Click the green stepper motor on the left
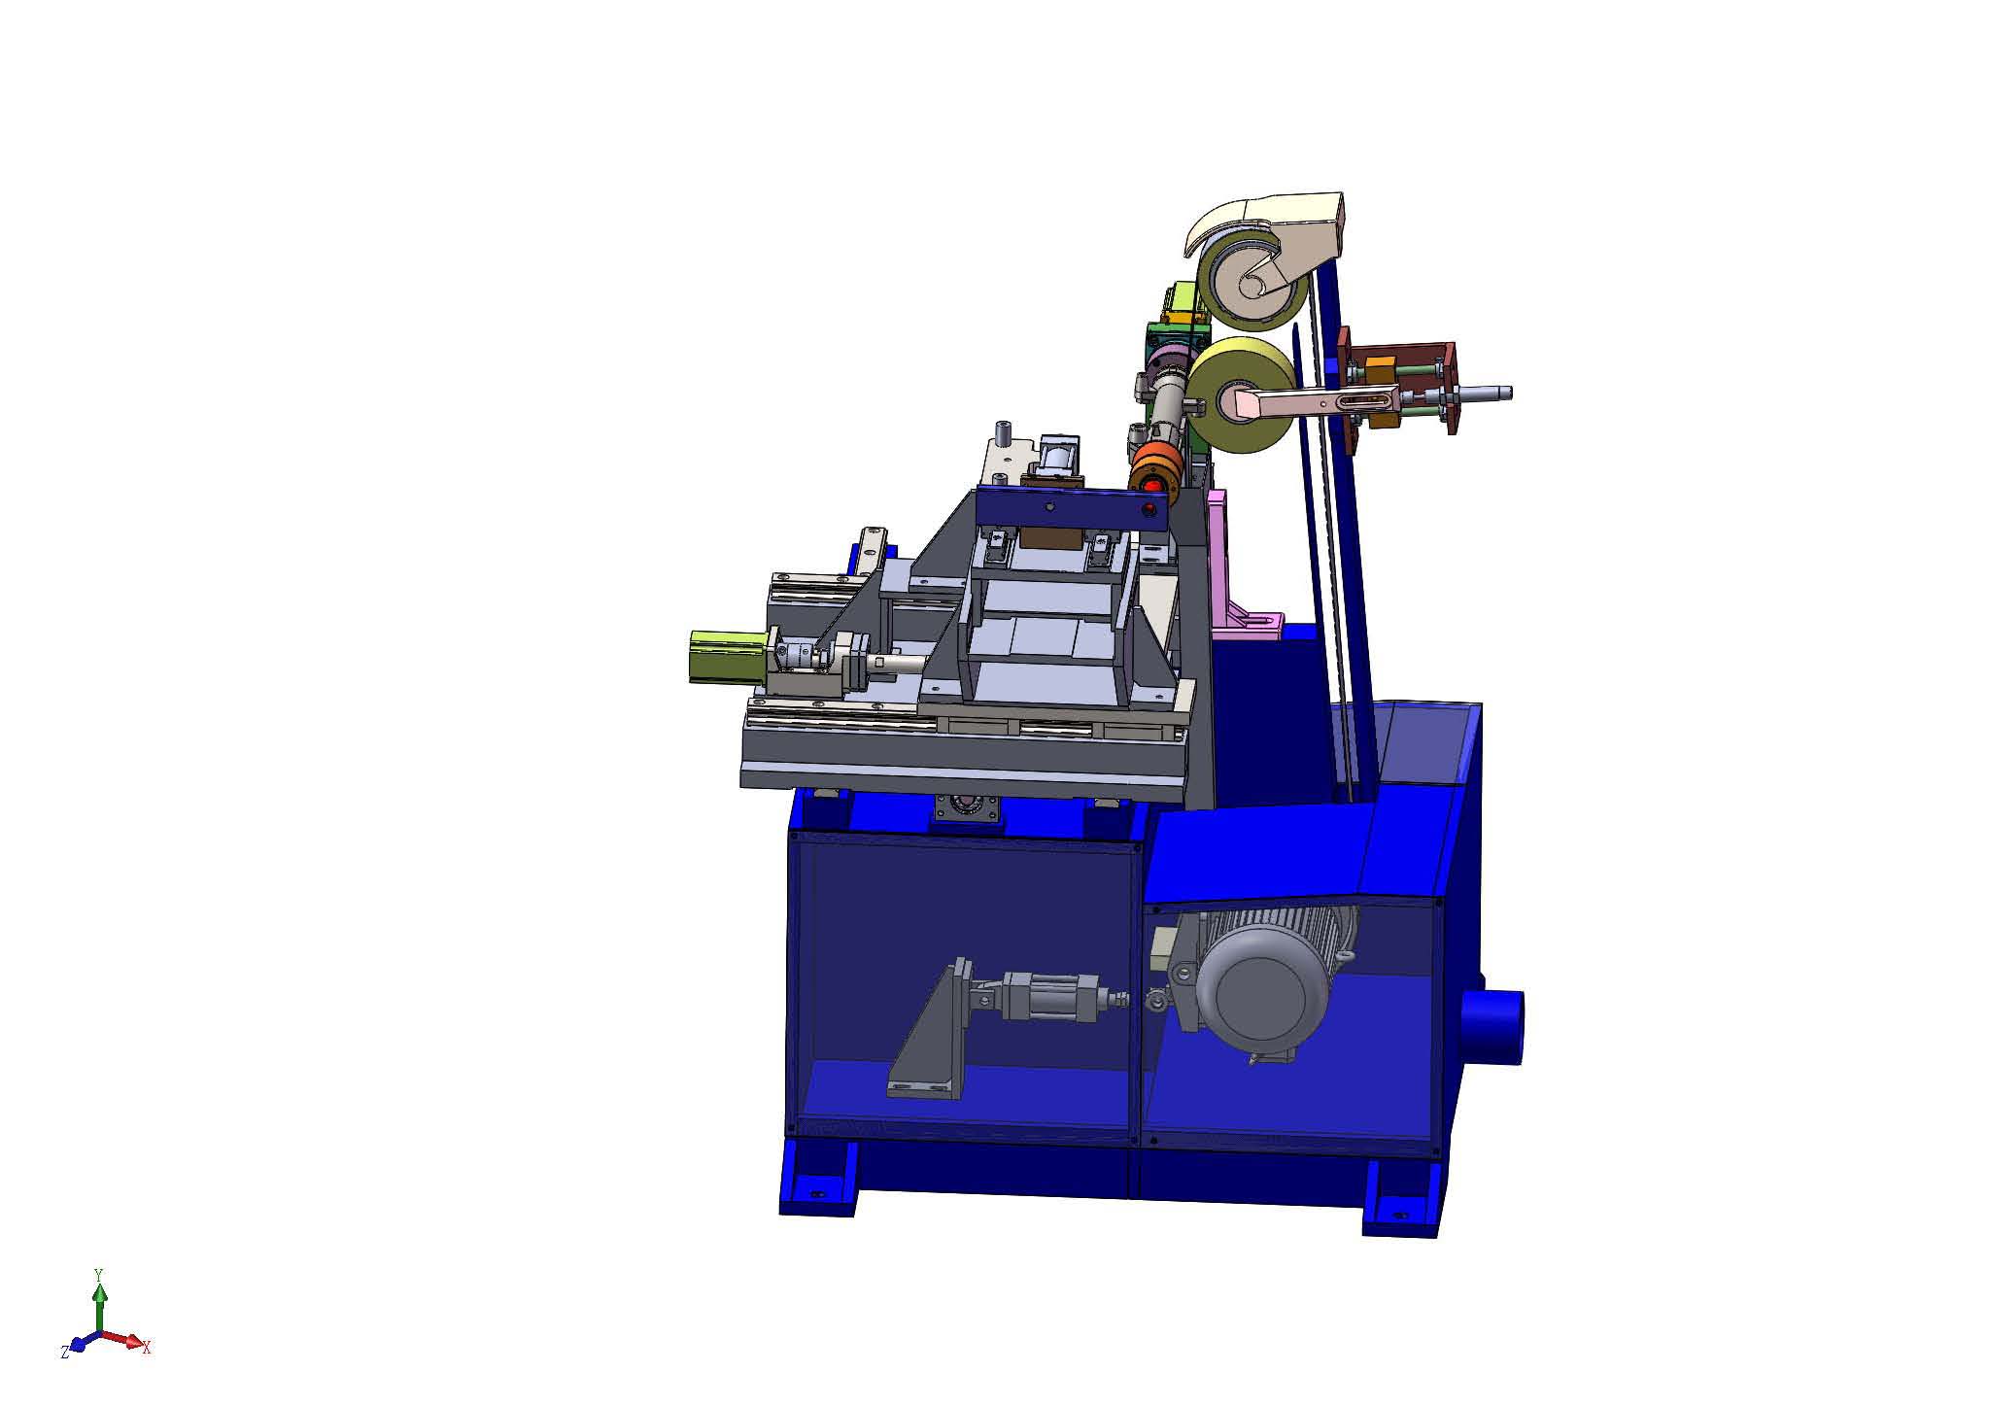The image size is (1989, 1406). [x=728, y=656]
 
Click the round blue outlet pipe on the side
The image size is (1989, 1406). [x=1497, y=1027]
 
